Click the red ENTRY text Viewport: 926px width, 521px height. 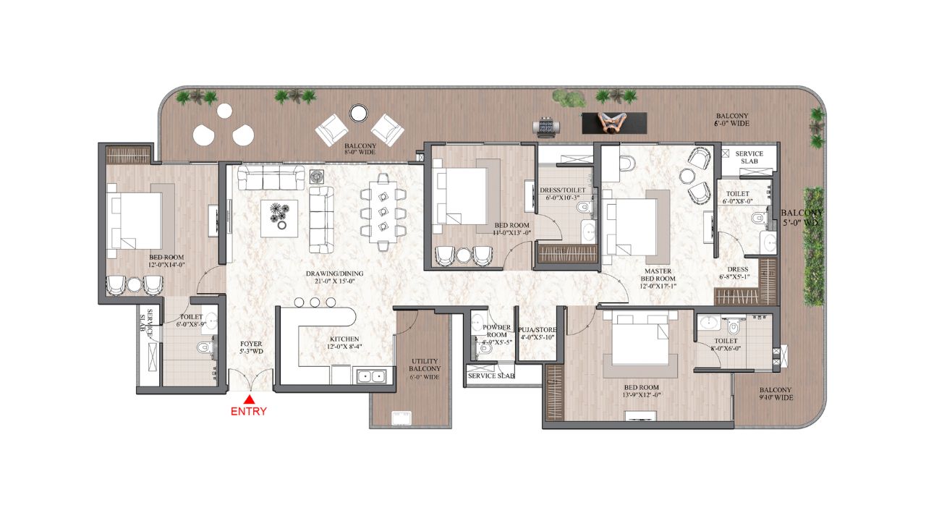tap(249, 412)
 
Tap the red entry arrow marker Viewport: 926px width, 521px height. tap(249, 399)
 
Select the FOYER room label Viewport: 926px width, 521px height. tap(251, 348)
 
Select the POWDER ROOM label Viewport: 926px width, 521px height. tap(496, 331)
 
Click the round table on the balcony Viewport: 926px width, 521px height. tap(358, 113)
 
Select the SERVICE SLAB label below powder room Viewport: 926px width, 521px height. tap(490, 376)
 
